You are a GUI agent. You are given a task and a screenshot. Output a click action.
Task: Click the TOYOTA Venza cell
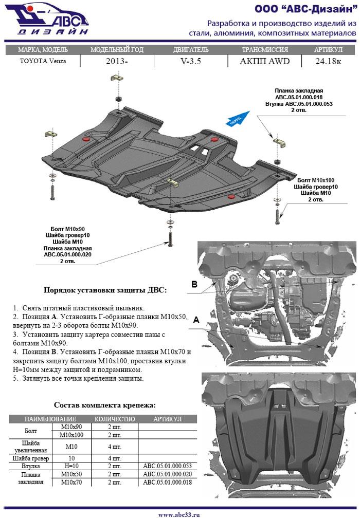point(43,61)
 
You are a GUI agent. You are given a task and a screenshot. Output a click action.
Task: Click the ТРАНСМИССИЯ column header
point(264,50)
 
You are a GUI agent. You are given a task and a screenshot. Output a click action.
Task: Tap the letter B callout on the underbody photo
point(194,284)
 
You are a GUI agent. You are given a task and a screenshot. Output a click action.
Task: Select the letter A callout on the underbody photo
point(196,320)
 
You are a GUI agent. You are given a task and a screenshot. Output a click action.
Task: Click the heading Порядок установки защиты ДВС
point(104,290)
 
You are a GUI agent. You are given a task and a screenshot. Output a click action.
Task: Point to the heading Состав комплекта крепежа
point(104,405)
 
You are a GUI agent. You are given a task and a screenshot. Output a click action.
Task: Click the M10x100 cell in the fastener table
point(72,435)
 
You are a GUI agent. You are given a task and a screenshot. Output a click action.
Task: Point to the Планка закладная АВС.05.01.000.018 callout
point(299,93)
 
